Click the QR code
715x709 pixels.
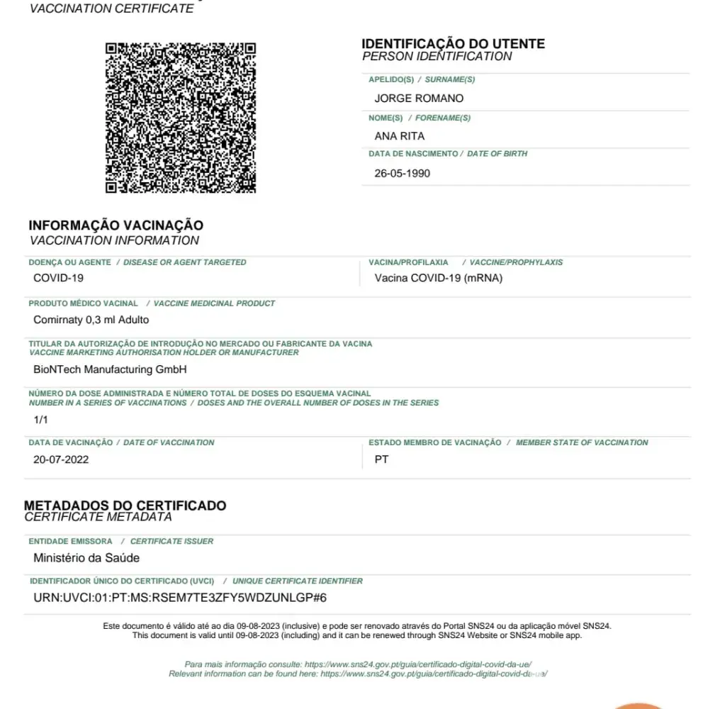181,118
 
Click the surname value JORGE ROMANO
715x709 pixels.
419,98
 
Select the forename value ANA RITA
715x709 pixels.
400,135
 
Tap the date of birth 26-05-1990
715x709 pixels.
402,173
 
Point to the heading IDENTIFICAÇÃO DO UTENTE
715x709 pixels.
453,44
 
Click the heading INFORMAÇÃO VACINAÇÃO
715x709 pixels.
116,225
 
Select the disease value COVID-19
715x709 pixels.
58,278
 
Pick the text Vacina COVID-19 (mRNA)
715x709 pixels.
438,278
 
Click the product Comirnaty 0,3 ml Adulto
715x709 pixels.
91,320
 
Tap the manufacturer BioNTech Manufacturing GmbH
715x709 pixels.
110,369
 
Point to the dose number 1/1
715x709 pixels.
40,419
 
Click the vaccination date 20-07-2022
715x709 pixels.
61,459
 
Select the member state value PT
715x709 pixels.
381,459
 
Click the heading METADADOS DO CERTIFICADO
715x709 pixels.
125,506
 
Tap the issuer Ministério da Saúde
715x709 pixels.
86,558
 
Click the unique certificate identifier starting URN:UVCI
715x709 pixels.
180,598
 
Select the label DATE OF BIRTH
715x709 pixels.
497,154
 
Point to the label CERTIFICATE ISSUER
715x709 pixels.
171,541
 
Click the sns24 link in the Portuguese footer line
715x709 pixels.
418,664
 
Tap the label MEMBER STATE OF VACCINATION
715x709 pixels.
582,442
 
